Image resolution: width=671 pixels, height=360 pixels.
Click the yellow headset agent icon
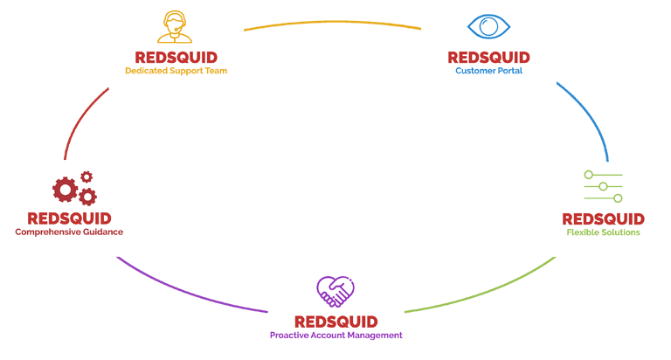click(x=175, y=26)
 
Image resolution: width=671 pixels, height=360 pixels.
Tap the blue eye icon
click(x=488, y=26)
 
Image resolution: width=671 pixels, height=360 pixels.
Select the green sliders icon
click(x=603, y=186)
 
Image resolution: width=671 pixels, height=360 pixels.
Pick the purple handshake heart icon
click(x=335, y=292)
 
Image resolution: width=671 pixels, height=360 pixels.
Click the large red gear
click(x=65, y=190)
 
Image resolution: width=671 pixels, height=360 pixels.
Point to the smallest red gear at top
click(x=86, y=177)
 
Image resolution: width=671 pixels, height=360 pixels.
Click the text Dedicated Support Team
click(x=176, y=71)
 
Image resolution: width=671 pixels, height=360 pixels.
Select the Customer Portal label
click(x=488, y=71)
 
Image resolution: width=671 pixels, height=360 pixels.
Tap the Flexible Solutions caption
click(x=603, y=232)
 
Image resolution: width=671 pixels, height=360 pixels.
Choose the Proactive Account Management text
click(x=335, y=336)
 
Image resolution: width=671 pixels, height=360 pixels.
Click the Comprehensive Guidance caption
click(x=69, y=232)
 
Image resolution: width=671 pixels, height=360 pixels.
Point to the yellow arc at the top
click(x=333, y=21)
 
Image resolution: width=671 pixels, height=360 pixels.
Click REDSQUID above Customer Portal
click(x=488, y=58)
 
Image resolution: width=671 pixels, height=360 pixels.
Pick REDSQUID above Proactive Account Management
click(x=335, y=322)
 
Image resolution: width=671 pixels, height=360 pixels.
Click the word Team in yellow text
click(x=216, y=71)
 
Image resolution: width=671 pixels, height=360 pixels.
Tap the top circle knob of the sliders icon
click(x=588, y=175)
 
